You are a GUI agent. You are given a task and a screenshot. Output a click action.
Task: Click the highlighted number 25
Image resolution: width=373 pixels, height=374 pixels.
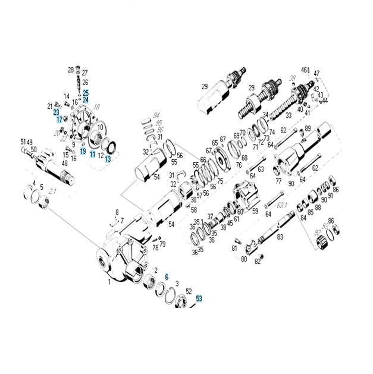click(86, 93)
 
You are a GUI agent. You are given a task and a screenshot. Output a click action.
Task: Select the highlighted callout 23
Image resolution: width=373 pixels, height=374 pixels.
click(56, 112)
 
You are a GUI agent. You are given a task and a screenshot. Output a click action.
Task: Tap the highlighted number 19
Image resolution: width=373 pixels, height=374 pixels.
click(83, 152)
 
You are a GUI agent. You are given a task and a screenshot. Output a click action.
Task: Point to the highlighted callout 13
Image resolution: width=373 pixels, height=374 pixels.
click(108, 159)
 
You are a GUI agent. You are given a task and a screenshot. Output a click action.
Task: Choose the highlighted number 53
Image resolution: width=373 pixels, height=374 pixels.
click(199, 298)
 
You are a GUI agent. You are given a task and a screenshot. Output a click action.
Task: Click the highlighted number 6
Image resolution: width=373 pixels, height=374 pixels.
click(167, 277)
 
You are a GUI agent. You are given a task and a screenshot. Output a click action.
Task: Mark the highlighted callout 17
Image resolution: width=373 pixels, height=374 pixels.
click(59, 120)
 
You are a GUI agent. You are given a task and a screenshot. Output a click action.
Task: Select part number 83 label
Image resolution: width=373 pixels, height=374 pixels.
click(280, 237)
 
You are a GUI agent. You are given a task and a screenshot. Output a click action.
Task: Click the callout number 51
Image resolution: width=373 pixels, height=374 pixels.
click(24, 142)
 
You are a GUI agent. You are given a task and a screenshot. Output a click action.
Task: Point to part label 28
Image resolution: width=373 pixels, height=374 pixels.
click(70, 70)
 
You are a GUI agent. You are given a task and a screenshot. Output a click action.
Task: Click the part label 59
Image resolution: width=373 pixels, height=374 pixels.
click(255, 210)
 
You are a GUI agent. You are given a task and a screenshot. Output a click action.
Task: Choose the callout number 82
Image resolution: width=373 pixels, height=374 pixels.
click(258, 261)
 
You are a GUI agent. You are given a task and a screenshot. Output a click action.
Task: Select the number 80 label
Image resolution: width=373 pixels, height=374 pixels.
click(244, 259)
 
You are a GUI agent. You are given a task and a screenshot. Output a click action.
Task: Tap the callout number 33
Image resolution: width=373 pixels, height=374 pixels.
click(289, 115)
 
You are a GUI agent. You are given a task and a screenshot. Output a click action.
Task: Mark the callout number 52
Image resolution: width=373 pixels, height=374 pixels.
click(189, 291)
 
